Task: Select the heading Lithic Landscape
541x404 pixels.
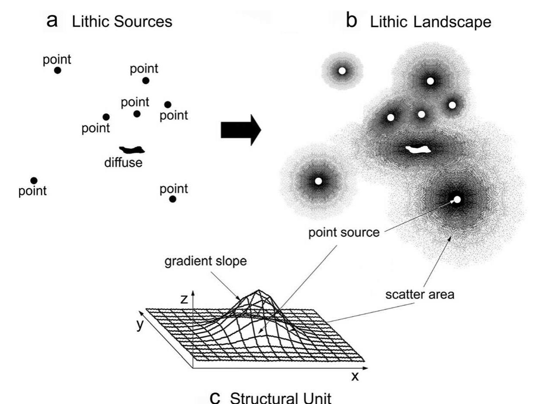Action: tap(430, 22)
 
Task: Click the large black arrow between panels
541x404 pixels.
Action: tap(241, 130)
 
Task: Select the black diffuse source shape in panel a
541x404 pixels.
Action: tap(132, 150)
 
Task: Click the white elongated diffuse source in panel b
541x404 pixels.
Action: tap(418, 149)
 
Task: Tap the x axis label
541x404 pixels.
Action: tap(355, 376)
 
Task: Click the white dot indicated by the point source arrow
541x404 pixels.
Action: tap(457, 199)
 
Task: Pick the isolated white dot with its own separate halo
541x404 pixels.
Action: tap(342, 70)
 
